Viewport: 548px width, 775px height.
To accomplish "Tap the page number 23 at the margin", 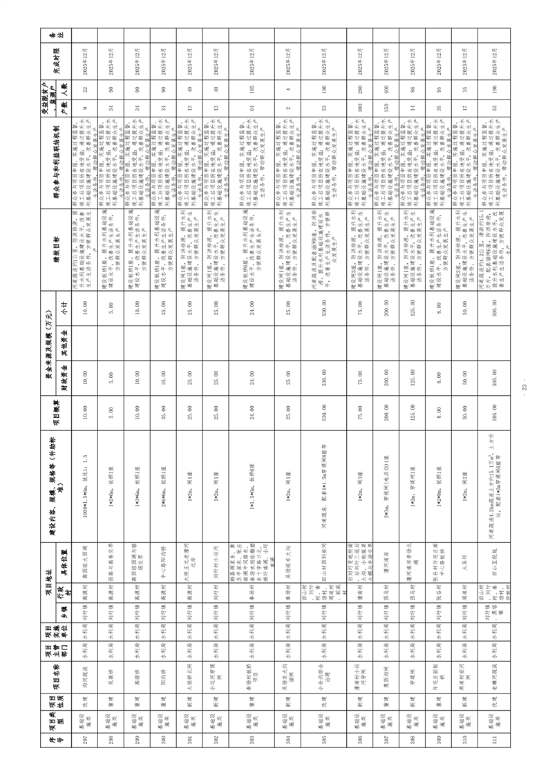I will coord(526,388).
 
